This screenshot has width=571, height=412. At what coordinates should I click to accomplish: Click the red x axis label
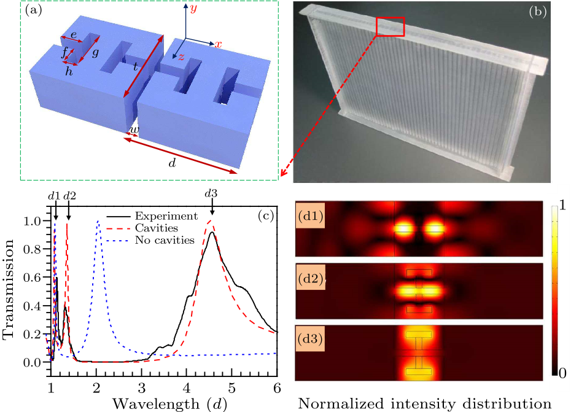pos(218,44)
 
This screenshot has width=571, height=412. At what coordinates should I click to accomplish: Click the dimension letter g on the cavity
pos(96,53)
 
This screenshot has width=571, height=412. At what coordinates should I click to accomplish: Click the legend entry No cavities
pos(165,239)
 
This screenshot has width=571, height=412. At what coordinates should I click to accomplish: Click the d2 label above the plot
pos(69,196)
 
